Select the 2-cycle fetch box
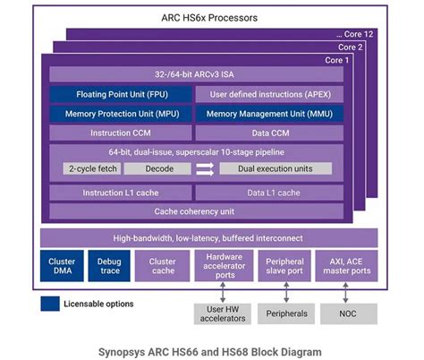[x=91, y=168]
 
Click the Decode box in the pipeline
[x=156, y=168]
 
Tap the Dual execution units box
[x=275, y=168]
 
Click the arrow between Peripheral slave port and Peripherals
[x=285, y=293]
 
